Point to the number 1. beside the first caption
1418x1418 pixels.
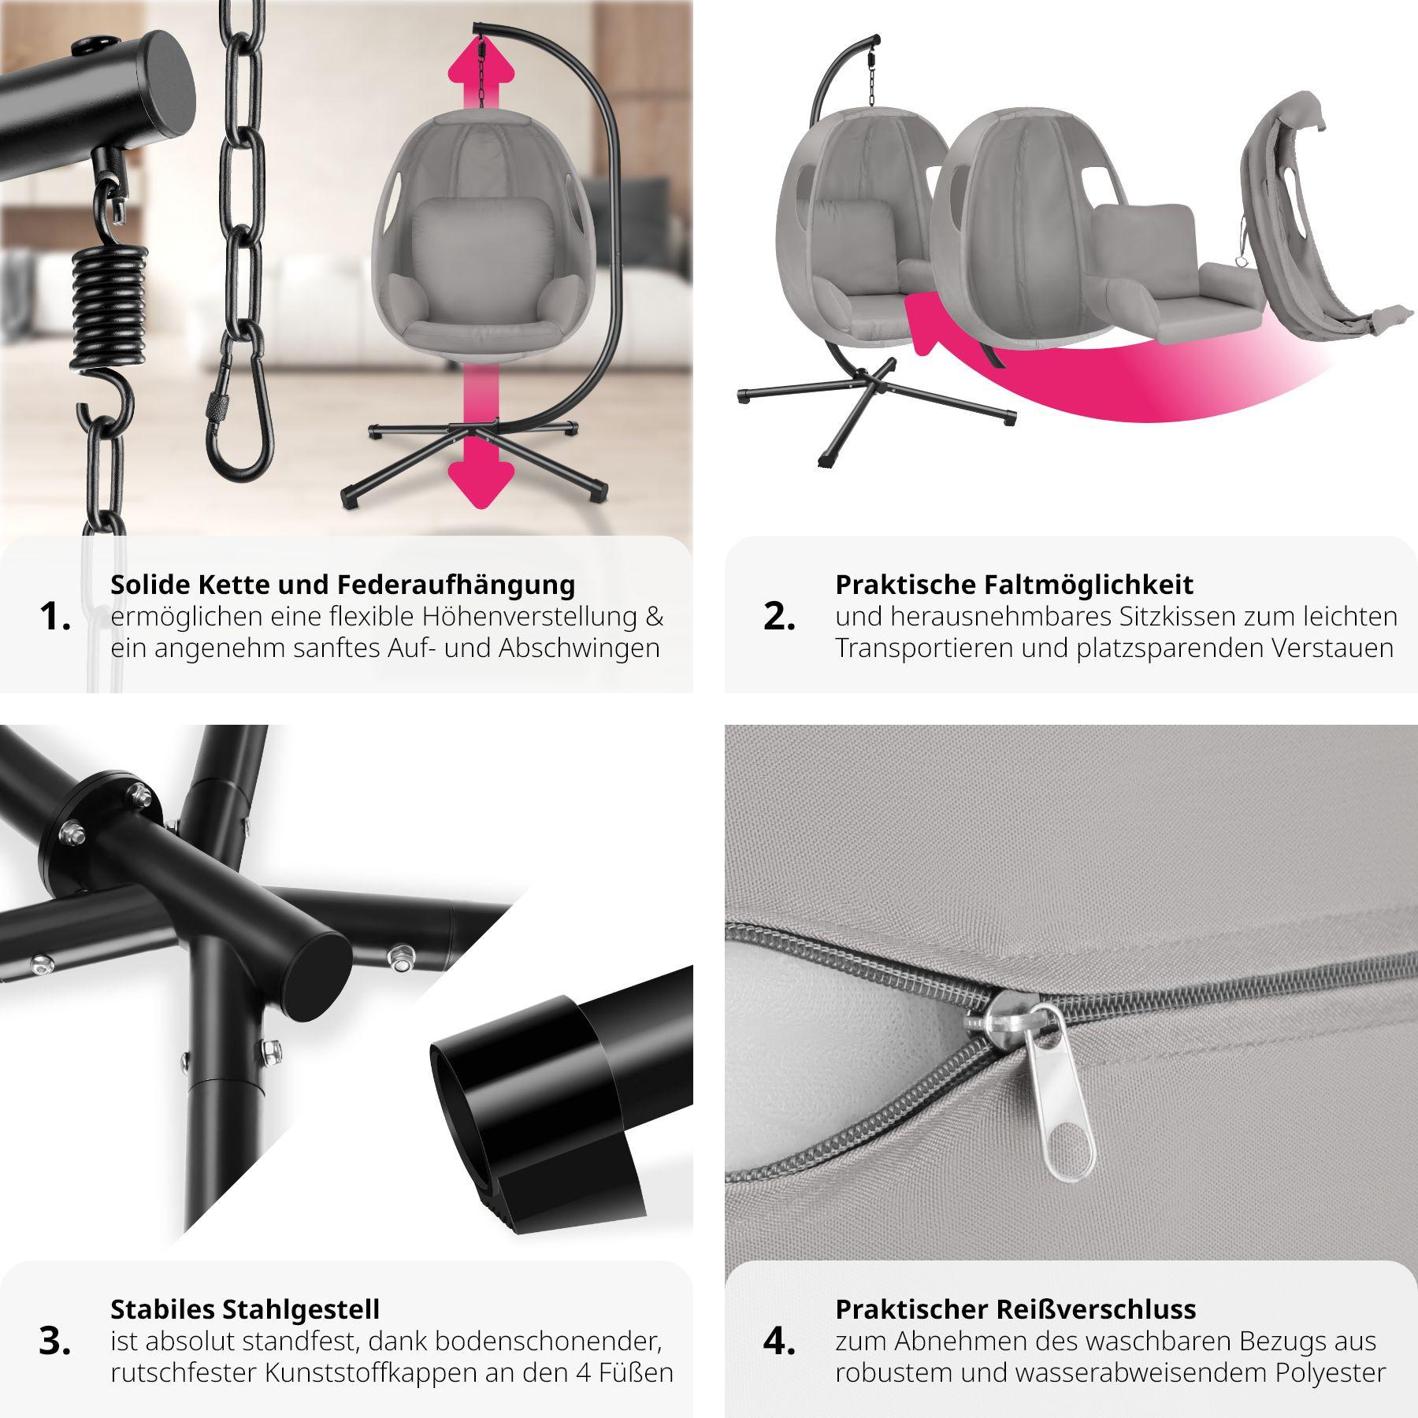point(54,617)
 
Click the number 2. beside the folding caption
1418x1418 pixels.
point(779,617)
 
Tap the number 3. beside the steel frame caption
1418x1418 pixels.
point(54,1342)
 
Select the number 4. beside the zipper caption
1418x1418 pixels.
point(779,1342)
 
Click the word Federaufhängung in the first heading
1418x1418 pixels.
point(456,585)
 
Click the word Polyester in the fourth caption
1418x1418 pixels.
point(1331,1373)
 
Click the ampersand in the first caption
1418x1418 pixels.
point(655,617)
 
